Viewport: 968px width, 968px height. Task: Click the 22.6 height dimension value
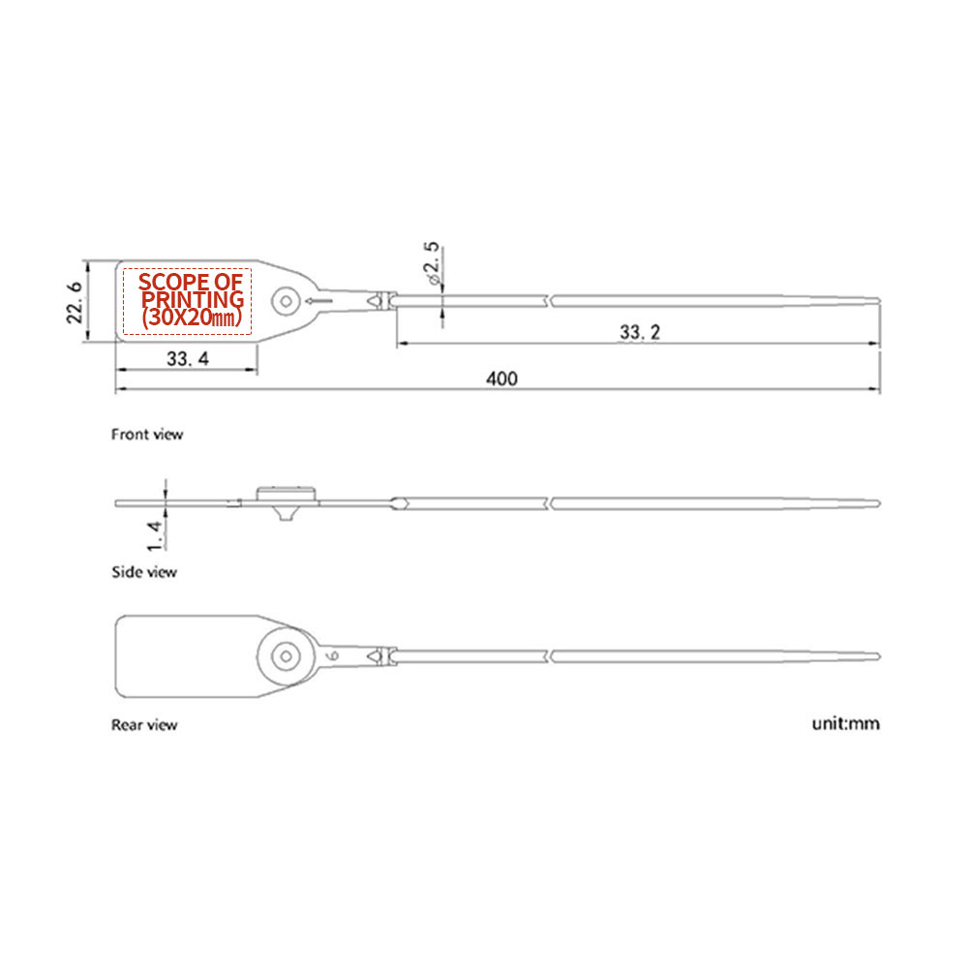(x=74, y=301)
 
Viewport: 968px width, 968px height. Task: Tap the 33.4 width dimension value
(x=187, y=359)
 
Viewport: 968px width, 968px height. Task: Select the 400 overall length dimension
(x=501, y=378)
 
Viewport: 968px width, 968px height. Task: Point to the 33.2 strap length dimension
(x=640, y=332)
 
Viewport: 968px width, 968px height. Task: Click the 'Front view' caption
(x=147, y=435)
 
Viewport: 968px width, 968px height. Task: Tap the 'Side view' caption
(x=144, y=572)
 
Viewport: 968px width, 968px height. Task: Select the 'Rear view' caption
(x=144, y=724)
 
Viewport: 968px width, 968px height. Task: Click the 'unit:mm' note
(x=845, y=723)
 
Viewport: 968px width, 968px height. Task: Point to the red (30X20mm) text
(x=191, y=317)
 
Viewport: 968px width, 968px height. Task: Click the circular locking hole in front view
(x=286, y=301)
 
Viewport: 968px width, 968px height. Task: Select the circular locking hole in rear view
(x=286, y=655)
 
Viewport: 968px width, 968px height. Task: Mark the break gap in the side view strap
(x=550, y=502)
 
